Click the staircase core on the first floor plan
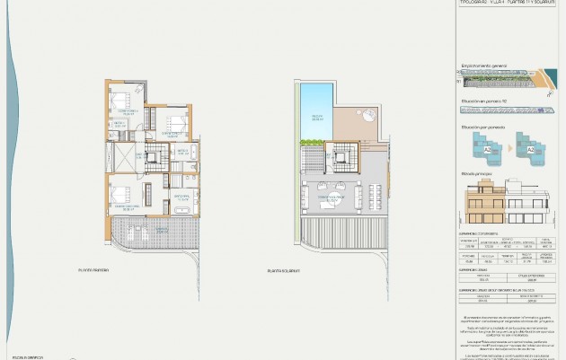click(x=155, y=158)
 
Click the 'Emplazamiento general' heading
click(x=485, y=66)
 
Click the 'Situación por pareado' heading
click(x=483, y=128)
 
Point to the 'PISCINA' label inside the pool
click(x=317, y=117)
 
